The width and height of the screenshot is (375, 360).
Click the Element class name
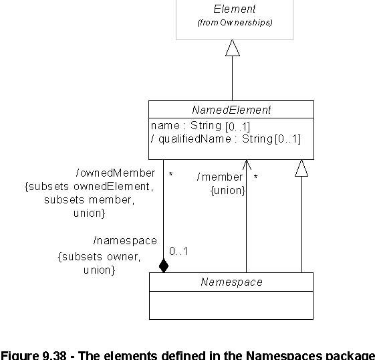[235, 9]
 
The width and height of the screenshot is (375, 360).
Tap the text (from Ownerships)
[235, 23]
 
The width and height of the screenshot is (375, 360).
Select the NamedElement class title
[231, 110]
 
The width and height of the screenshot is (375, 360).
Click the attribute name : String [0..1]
[201, 126]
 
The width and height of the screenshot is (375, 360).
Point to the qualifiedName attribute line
[226, 139]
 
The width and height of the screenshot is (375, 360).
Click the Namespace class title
[231, 282]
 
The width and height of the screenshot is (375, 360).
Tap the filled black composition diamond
[164, 266]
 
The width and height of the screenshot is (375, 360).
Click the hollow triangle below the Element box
[232, 48]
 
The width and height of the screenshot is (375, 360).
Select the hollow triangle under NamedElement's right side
[301, 168]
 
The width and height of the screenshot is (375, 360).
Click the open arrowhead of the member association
[247, 165]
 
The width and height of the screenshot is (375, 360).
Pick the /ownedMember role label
[116, 173]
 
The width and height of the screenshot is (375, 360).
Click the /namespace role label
[125, 241]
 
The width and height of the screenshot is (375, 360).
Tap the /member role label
[220, 177]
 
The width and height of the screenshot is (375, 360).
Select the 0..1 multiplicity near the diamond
[178, 252]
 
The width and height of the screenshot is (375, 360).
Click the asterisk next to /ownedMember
[170, 174]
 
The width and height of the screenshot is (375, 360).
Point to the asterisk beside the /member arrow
[255, 177]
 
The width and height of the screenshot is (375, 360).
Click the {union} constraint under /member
[228, 191]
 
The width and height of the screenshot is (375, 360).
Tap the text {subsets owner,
[99, 257]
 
